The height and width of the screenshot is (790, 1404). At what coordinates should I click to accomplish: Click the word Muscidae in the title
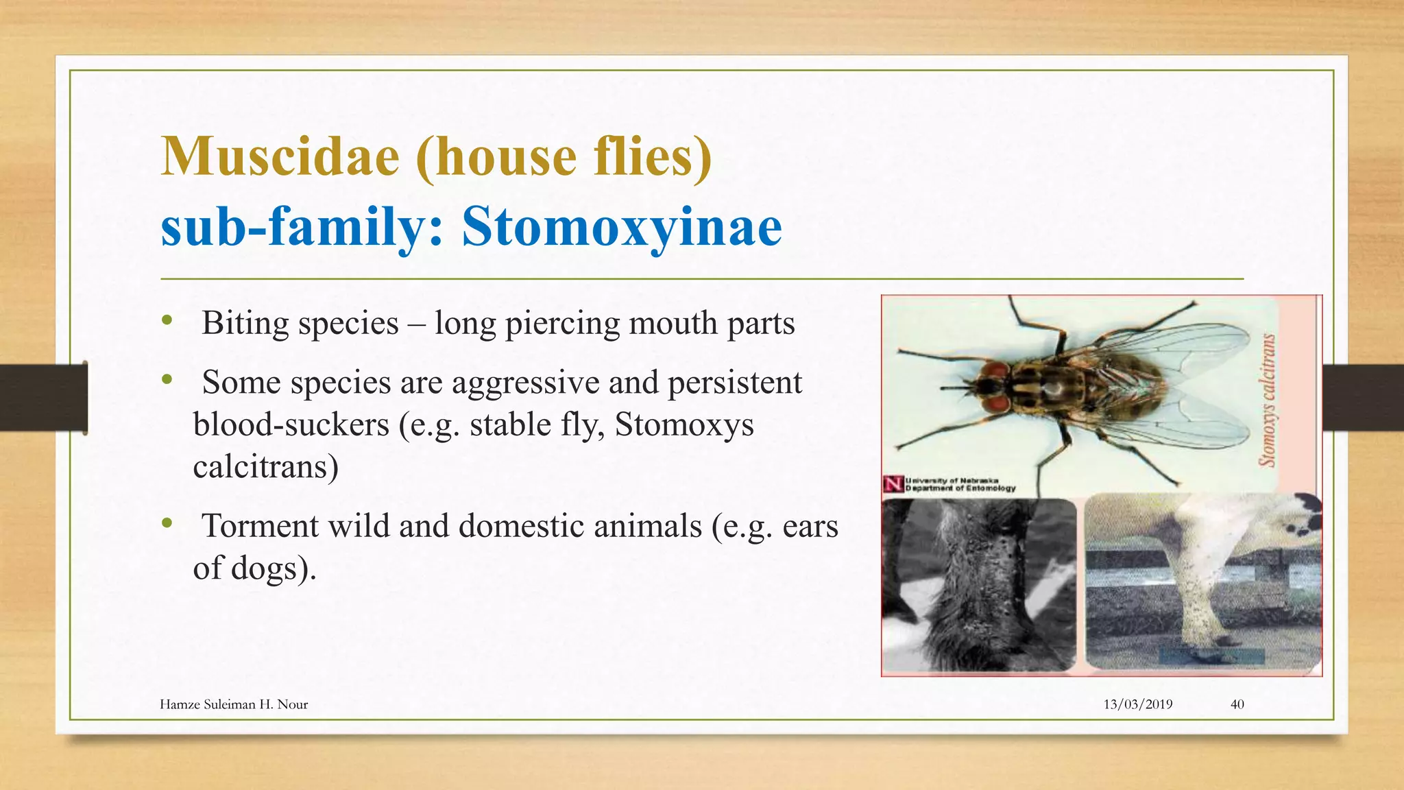280,156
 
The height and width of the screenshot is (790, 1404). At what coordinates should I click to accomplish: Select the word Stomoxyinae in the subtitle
621,226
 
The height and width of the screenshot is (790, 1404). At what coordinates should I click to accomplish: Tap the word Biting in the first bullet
245,323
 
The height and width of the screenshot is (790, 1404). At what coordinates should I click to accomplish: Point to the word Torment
260,526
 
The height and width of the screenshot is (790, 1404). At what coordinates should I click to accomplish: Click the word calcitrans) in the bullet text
265,467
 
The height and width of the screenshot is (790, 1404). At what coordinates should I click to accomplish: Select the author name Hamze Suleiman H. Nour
233,704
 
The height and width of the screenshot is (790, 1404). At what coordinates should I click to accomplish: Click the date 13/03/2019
1137,704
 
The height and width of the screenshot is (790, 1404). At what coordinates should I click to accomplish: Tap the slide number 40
1237,704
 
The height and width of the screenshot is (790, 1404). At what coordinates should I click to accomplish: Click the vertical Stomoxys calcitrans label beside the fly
1268,400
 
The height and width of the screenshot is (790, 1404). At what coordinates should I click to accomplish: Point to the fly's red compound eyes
993,387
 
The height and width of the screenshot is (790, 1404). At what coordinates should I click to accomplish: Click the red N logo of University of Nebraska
893,484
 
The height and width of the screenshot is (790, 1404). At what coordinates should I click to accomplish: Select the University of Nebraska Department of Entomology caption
959,485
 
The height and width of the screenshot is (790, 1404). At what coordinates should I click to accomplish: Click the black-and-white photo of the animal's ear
978,584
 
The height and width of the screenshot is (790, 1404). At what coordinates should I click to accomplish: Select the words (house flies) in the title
564,156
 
